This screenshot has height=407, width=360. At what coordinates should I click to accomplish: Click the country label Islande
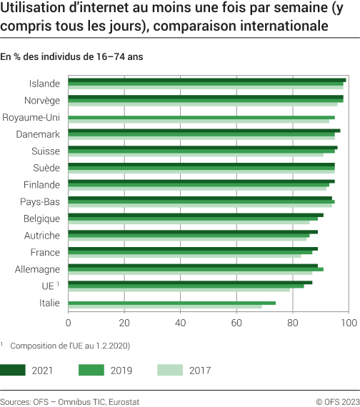tap(44, 84)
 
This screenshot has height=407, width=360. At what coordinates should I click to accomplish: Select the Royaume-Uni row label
tap(31, 117)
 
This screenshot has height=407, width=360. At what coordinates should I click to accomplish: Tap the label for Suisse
tap(45, 151)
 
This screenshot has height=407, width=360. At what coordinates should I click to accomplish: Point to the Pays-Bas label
tap(40, 201)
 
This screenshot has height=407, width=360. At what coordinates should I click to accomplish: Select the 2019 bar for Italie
tap(171, 303)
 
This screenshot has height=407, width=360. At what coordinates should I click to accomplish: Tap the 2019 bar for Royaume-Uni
tap(201, 117)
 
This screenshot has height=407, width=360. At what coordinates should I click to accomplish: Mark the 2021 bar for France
tap(192, 248)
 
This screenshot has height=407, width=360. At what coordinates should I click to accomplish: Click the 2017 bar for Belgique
tap(189, 223)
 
